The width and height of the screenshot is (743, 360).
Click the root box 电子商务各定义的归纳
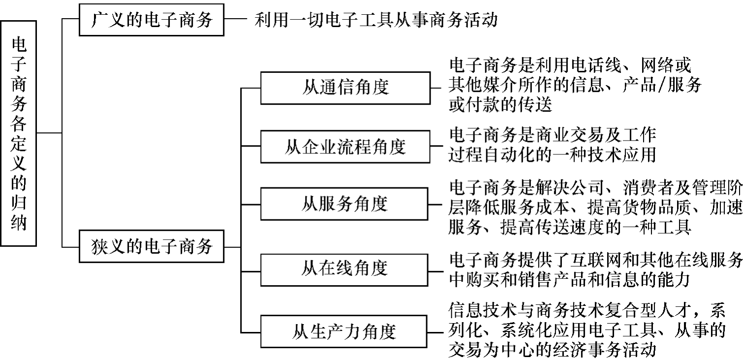19,133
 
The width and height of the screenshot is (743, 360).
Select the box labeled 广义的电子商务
152,20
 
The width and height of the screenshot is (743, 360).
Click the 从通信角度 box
344,89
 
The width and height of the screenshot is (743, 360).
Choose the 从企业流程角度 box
344,147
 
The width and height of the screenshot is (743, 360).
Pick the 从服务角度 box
344,204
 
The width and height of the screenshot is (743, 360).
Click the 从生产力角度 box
344,331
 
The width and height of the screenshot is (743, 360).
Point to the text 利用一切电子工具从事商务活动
376,20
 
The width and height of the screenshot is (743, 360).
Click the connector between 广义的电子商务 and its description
236,20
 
